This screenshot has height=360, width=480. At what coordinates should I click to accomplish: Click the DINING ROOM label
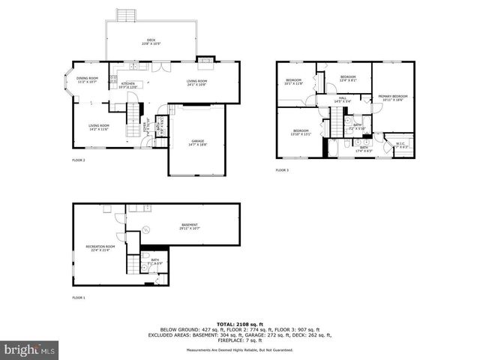click(88, 79)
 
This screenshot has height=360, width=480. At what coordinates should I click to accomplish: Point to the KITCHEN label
click(128, 85)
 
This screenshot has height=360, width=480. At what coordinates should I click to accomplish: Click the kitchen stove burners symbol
click(113, 79)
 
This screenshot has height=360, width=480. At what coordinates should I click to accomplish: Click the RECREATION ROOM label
click(100, 247)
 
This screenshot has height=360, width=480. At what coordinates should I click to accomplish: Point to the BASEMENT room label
click(190, 226)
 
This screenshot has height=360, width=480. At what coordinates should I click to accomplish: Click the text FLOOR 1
click(79, 298)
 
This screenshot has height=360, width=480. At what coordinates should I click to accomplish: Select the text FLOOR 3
click(282, 170)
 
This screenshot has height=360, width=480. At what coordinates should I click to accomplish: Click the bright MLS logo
click(30, 349)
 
